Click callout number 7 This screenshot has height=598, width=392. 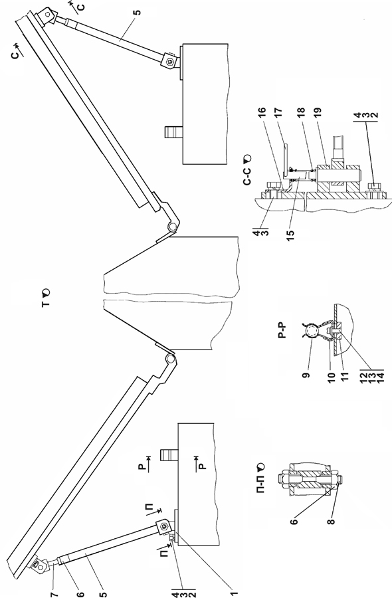tap(54, 593)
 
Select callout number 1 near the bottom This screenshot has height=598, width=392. tap(235, 593)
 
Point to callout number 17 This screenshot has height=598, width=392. tap(278, 112)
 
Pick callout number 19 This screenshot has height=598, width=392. tap(318, 112)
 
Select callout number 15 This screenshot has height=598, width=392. tap(291, 233)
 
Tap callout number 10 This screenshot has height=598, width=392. tap(331, 377)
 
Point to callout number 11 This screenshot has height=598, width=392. tap(345, 377)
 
